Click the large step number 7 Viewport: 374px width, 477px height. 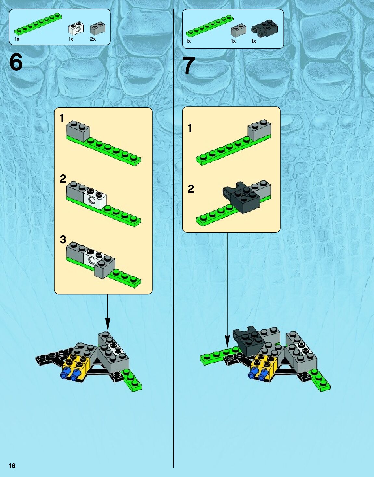coord(189,66)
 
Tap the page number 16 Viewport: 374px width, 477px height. coord(12,466)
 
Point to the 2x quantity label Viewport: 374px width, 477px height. coord(93,39)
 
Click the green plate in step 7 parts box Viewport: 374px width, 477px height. coord(210,26)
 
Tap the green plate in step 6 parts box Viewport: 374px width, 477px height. coord(38,24)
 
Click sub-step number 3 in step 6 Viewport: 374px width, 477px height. coord(63,239)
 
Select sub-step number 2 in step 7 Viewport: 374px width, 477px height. coord(191,189)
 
